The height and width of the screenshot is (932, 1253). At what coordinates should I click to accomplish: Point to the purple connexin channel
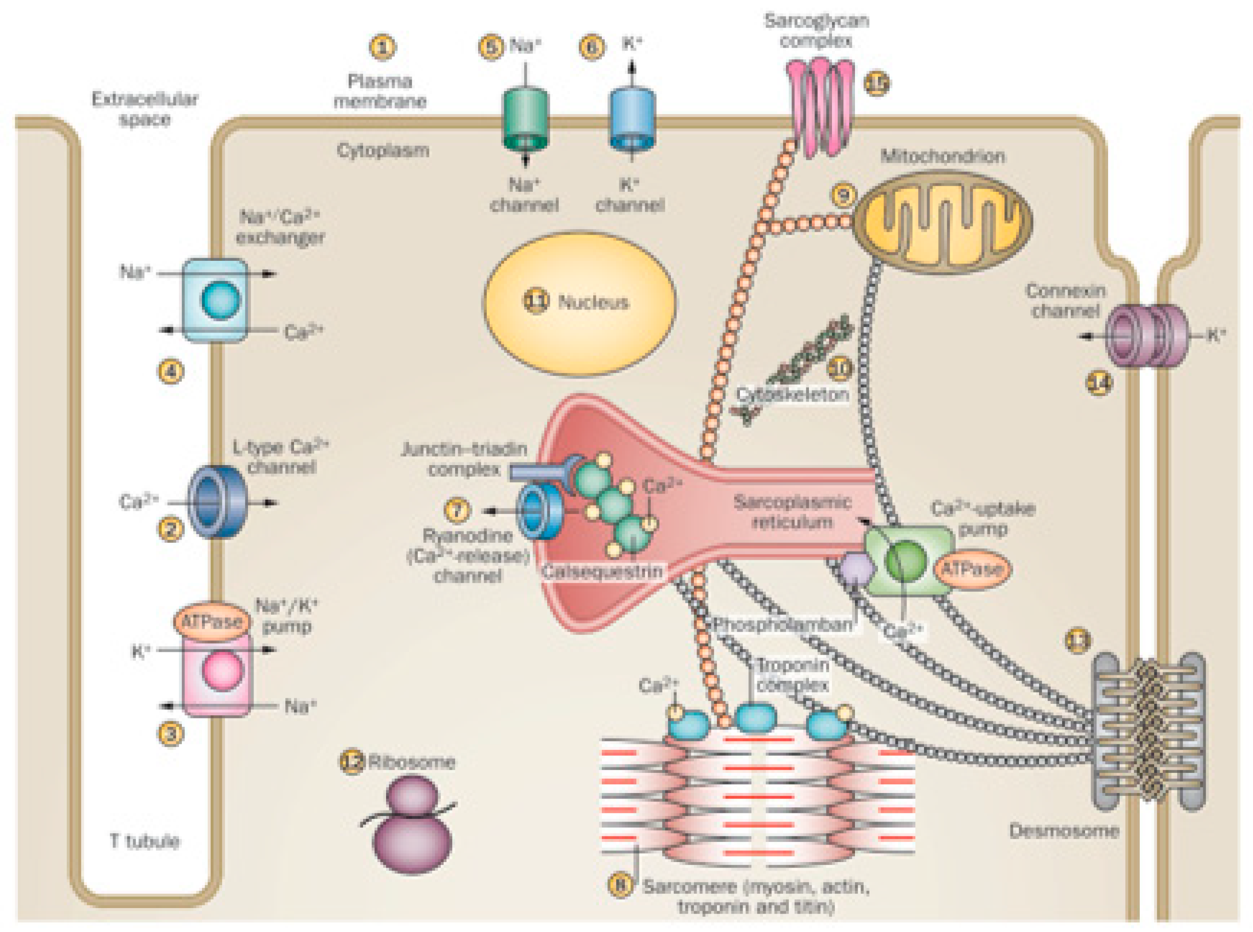[x=1145, y=336]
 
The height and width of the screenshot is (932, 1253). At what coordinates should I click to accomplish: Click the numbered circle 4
[x=171, y=371]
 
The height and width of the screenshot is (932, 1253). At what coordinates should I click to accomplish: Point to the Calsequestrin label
[x=602, y=571]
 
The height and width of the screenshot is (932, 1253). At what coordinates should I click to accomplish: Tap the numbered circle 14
[x=1099, y=384]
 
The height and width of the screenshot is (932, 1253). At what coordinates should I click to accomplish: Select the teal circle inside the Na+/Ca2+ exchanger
[x=220, y=300]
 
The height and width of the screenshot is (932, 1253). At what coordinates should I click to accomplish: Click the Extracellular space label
[x=145, y=109]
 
